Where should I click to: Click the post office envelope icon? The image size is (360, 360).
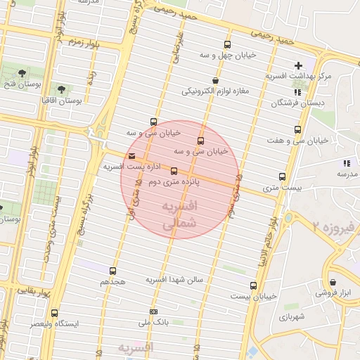coord(132,156)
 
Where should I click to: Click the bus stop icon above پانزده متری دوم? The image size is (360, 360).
coord(174,171)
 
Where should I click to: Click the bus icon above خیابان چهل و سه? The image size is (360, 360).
coord(226,44)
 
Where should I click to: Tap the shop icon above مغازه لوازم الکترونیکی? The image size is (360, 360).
coord(215,81)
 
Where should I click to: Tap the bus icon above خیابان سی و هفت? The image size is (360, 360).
coord(297,130)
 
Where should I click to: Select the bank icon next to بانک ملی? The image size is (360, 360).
coord(153,312)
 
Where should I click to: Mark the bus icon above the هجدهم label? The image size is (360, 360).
coord(112,271)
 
